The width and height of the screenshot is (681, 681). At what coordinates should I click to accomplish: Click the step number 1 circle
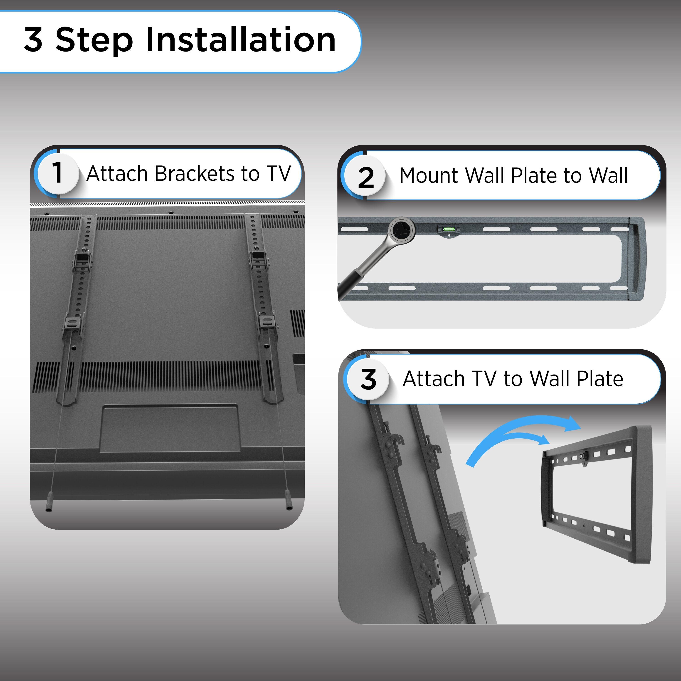point(57,173)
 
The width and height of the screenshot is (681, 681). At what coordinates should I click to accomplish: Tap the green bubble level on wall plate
point(449,229)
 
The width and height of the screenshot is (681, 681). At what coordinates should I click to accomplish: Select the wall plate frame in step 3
point(596,493)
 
